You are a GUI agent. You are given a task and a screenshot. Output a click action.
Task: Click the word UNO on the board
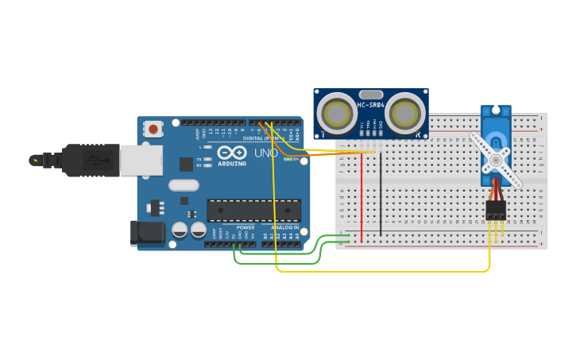coord(266,153)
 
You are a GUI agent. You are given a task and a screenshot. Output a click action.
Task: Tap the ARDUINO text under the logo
coord(231,163)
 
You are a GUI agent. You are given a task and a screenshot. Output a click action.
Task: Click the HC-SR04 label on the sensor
coord(371,105)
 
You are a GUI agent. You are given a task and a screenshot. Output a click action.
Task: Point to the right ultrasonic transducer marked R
coord(404,114)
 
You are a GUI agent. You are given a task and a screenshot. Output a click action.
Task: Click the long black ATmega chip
coord(254,210)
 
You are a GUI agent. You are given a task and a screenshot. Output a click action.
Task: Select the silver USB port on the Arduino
coord(141,160)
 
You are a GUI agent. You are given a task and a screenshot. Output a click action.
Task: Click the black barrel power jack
coord(148,233)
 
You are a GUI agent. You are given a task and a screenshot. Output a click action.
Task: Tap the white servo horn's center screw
coord(496,160)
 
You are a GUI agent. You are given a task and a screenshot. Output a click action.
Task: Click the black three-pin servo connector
coord(497,210)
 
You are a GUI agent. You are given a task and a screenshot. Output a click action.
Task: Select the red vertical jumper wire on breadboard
coord(361,195)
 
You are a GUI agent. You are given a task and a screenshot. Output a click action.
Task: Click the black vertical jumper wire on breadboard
coord(381,195)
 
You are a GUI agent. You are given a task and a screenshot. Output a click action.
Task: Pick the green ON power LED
coord(287,159)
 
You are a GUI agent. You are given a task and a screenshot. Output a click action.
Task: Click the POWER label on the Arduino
coord(245,227)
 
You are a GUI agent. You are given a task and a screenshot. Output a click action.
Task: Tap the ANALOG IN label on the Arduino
coord(283,227)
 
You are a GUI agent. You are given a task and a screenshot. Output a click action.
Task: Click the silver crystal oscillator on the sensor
coord(371,95)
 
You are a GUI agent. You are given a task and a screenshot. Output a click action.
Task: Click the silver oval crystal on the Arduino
coord(184,185)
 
